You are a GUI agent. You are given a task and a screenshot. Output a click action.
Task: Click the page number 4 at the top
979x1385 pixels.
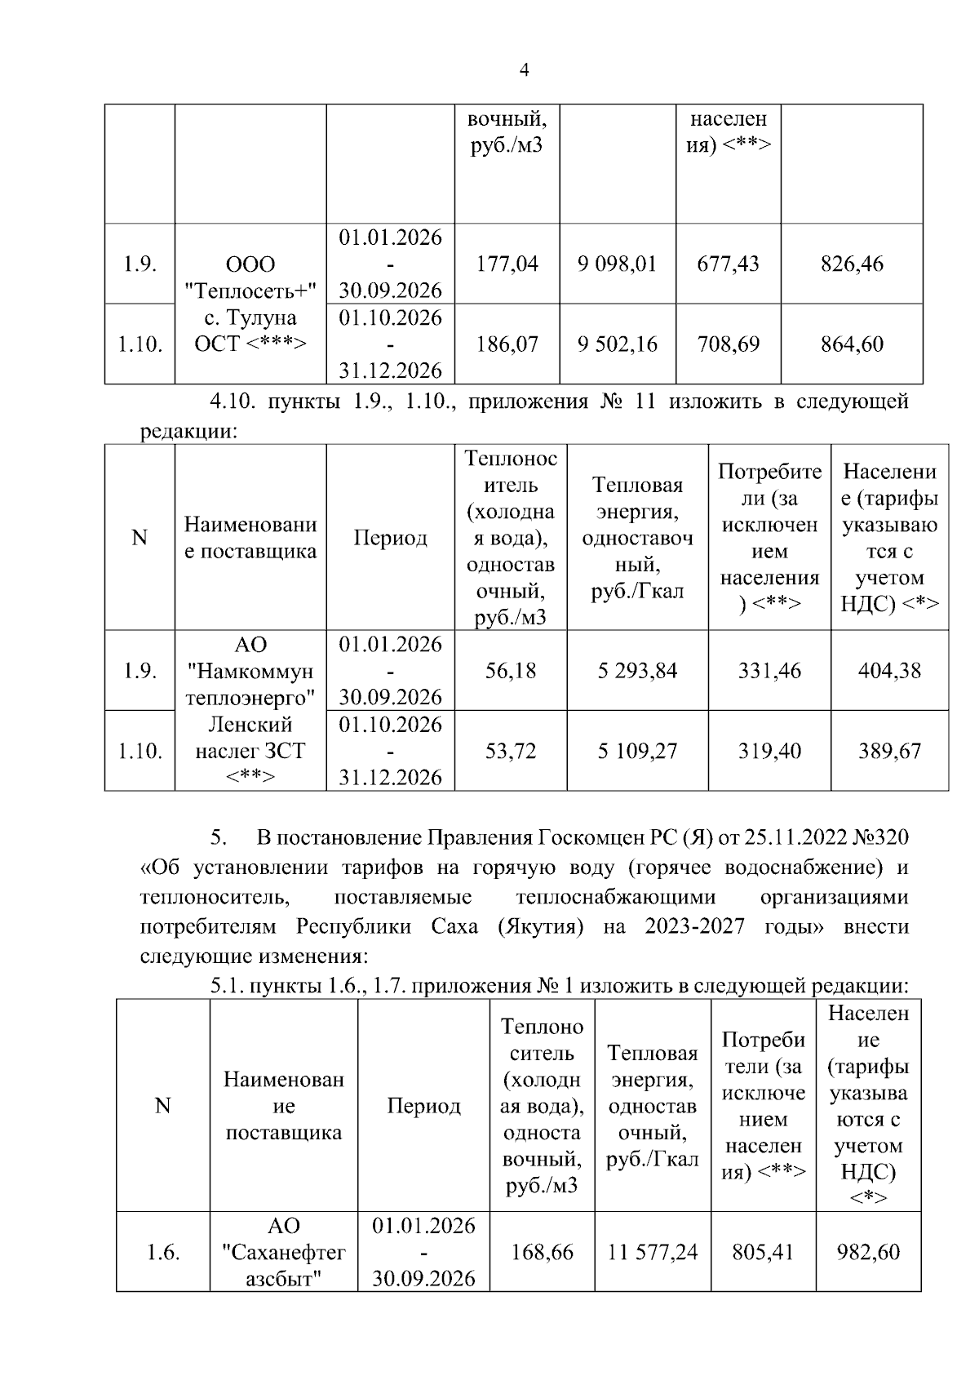524,71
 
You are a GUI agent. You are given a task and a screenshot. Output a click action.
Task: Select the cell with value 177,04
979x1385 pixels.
507,264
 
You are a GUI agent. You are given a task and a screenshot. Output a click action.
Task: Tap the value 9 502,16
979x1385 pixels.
617,344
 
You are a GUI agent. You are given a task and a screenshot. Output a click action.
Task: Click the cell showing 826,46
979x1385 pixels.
852,264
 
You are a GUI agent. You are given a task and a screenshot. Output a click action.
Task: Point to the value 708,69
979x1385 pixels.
728,344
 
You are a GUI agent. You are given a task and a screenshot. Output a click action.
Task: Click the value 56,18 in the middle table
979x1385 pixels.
511,671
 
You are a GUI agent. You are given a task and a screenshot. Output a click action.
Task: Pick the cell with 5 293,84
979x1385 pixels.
637,671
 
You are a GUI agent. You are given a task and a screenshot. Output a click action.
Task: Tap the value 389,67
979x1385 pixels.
889,751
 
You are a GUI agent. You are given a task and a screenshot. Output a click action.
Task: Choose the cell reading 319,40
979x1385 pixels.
769,751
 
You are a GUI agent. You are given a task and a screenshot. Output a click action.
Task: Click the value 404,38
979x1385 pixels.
889,671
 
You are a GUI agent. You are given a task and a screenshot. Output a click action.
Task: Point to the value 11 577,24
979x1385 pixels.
653,1252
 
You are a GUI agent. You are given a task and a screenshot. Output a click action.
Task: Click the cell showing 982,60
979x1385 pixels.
868,1252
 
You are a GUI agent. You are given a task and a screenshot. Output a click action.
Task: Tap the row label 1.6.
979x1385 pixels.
163,1252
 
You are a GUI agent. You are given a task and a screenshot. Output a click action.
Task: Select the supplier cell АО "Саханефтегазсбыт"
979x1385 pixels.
284,1252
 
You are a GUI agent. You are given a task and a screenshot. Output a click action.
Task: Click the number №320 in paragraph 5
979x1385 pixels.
880,838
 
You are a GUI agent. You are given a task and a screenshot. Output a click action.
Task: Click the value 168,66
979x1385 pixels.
542,1252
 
